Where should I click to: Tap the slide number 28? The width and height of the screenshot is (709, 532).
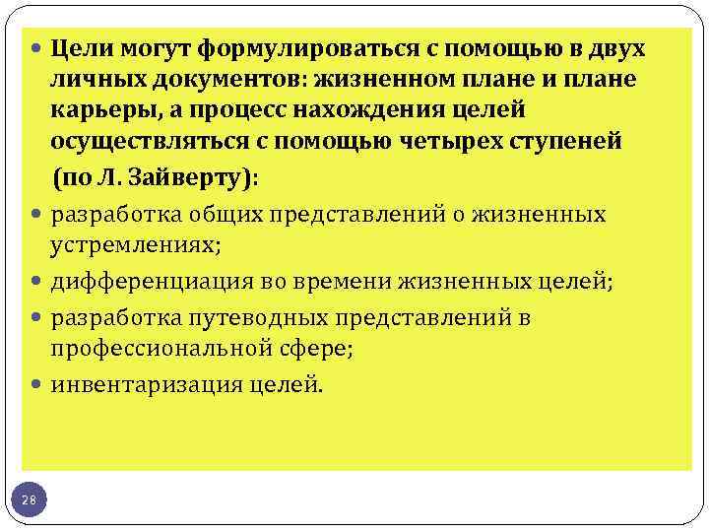coord(30,500)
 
